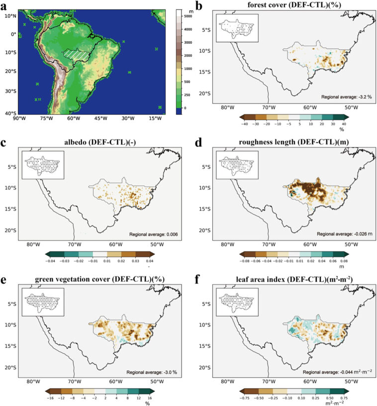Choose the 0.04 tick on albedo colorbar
click(151, 260)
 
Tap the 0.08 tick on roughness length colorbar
click(343, 260)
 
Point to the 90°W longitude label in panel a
click(19, 119)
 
